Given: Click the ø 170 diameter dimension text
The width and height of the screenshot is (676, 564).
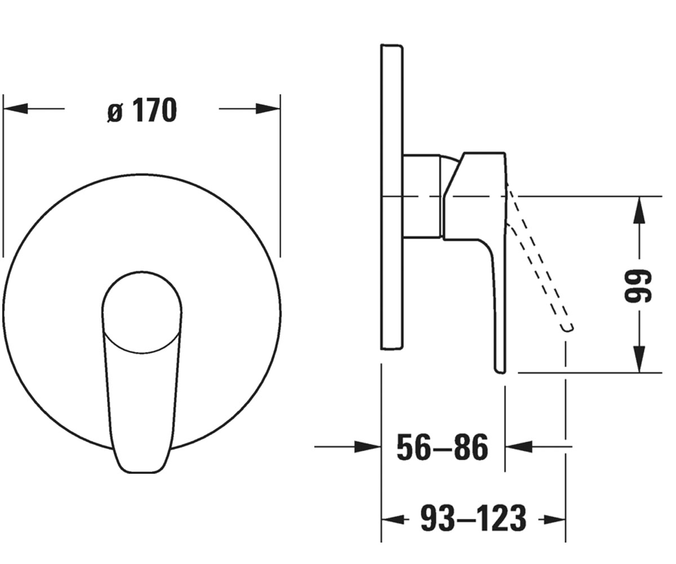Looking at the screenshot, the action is tap(142, 109).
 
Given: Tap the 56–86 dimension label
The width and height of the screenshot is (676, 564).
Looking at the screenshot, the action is tap(442, 447).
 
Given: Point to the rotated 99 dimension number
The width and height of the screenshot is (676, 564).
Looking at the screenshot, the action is tap(638, 286).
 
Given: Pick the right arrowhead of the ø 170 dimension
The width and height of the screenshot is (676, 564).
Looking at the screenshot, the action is tap(268, 108).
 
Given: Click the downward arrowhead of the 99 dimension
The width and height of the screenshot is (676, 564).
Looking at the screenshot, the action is tap(639, 359).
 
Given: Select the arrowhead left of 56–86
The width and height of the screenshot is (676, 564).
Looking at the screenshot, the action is tap(368, 447).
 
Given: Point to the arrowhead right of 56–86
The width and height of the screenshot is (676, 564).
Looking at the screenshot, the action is tap(519, 447).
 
